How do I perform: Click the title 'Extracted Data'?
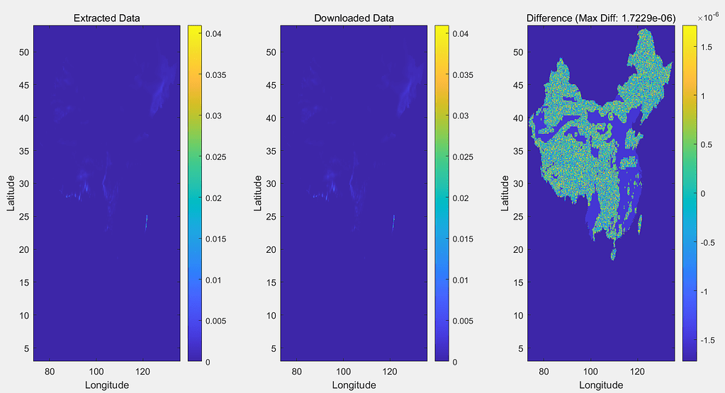pyautogui.click(x=107, y=18)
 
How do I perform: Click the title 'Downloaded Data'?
pyautogui.click(x=354, y=18)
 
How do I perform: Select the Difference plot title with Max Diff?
pyautogui.click(x=601, y=18)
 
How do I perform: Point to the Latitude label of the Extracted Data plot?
pyautogui.click(x=11, y=193)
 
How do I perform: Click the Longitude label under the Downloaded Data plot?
pyautogui.click(x=354, y=385)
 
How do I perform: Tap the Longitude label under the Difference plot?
pyautogui.click(x=601, y=385)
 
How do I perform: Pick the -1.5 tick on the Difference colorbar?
pyautogui.click(x=706, y=340)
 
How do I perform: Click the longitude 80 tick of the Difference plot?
pyautogui.click(x=544, y=371)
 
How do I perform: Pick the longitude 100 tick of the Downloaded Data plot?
pyautogui.click(x=343, y=371)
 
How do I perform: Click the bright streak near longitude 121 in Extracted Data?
pyautogui.click(x=146, y=222)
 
